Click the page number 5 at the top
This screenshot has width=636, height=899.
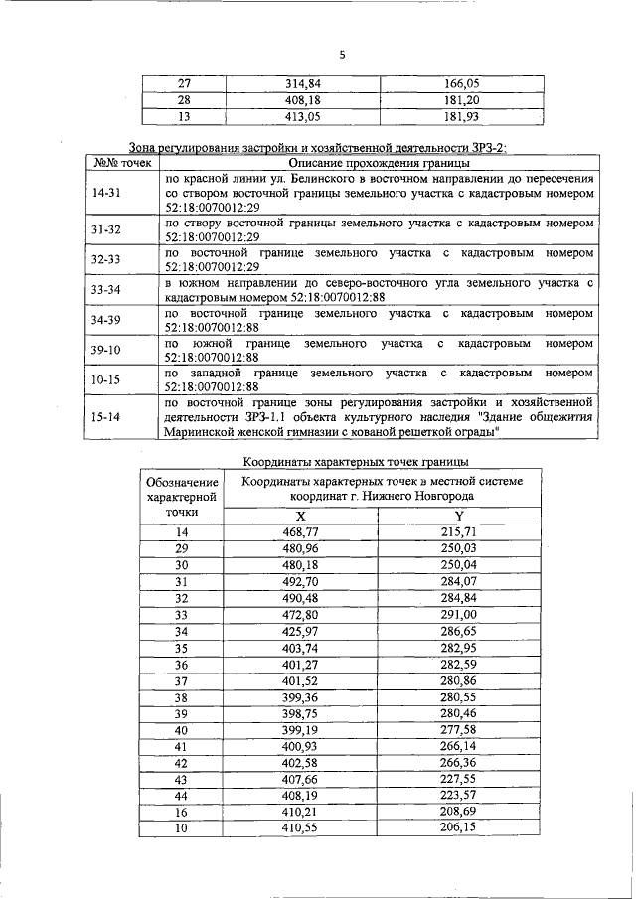click(341, 56)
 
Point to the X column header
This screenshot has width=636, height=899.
click(300, 516)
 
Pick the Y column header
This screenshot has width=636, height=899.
click(458, 516)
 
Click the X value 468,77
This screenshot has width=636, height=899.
click(300, 532)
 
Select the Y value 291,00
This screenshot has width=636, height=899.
click(458, 615)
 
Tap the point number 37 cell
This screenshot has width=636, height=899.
click(181, 680)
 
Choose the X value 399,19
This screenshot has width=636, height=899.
click(300, 730)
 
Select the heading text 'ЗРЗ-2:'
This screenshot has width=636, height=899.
click(487, 147)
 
